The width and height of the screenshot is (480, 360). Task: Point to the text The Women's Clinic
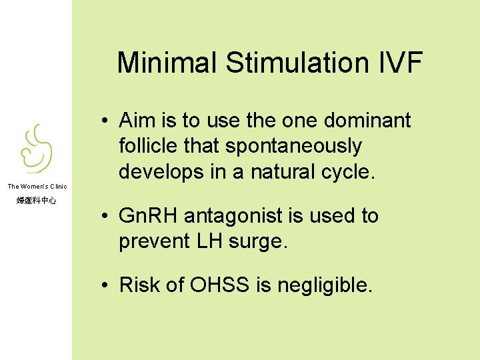coord(37,186)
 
